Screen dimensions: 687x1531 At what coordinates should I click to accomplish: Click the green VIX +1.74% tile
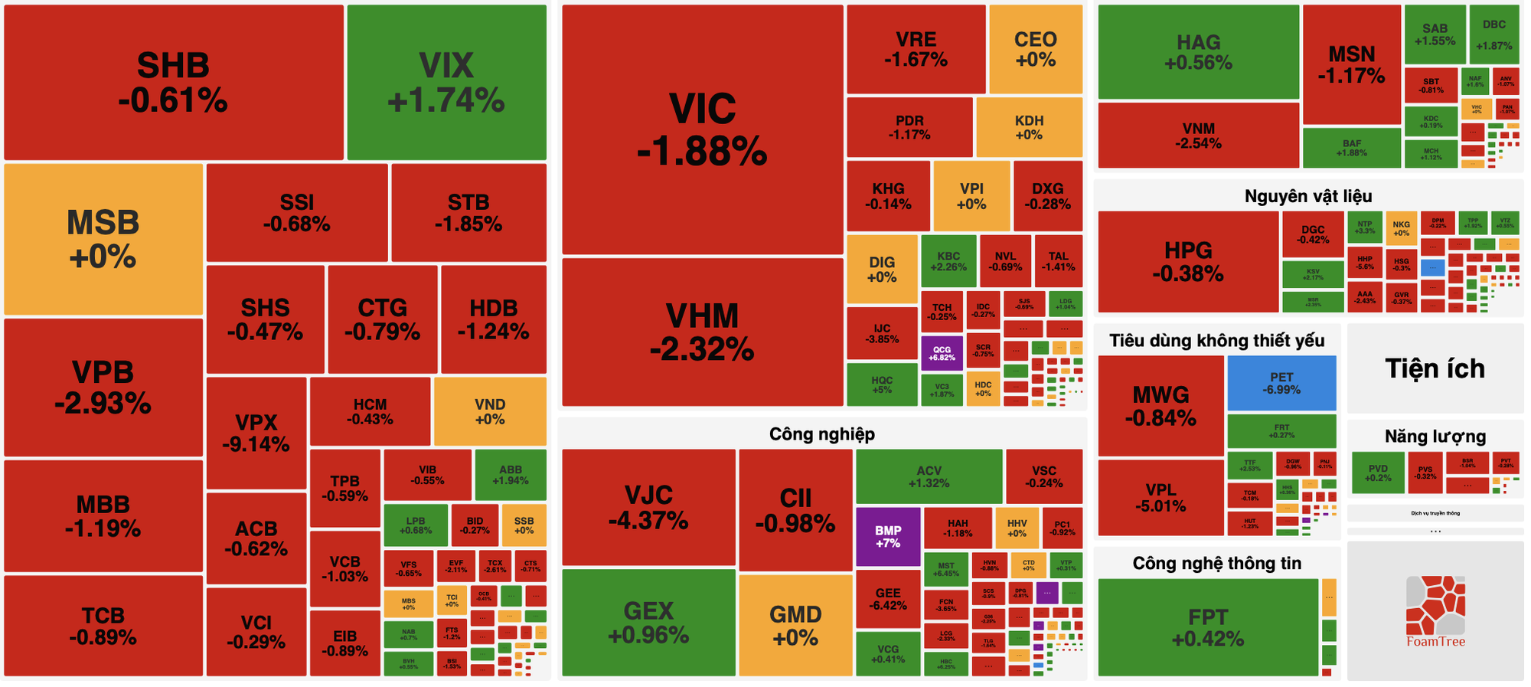tap(446, 82)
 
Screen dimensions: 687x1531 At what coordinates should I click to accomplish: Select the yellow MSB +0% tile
tap(103, 239)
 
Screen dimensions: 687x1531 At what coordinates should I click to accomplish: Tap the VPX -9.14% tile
tap(256, 433)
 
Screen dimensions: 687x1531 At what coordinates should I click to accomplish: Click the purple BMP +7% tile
tap(888, 536)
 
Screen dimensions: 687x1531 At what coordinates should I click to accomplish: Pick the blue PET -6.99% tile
tap(1281, 383)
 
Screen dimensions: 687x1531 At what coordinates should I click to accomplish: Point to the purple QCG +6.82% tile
tap(942, 353)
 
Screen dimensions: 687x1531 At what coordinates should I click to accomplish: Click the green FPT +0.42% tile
tap(1208, 627)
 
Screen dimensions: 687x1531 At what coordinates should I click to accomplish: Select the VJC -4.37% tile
tap(648, 507)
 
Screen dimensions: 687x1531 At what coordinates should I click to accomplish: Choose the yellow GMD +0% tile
tap(795, 625)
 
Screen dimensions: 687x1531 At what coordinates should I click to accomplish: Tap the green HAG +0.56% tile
tap(1198, 52)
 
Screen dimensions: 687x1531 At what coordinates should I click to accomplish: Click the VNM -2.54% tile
tap(1198, 136)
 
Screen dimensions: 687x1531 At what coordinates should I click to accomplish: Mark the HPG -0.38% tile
tap(1188, 261)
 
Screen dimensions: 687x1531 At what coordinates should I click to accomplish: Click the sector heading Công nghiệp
tap(821, 434)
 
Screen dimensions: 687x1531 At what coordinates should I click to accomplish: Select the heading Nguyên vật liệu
tap(1307, 196)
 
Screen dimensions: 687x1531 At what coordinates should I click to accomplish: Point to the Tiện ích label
tap(1435, 368)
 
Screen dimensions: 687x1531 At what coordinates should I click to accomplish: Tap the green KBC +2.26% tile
tap(948, 261)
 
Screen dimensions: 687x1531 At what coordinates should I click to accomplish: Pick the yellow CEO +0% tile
tap(1035, 49)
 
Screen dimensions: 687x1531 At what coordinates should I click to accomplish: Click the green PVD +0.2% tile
tap(1378, 473)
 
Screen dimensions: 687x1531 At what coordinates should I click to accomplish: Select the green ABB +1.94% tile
tap(511, 475)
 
